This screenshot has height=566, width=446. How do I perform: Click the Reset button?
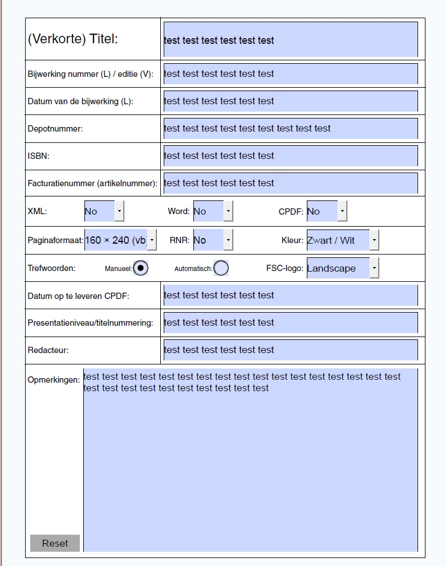click(x=55, y=543)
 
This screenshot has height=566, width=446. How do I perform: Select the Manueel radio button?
click(x=140, y=268)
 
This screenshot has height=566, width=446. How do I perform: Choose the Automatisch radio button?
click(x=221, y=268)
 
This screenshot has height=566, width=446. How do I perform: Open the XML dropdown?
click(x=104, y=211)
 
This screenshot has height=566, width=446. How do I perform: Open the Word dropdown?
click(x=213, y=211)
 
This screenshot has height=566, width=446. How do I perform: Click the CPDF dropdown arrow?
click(x=342, y=211)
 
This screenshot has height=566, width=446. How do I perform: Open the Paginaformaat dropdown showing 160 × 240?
click(x=120, y=240)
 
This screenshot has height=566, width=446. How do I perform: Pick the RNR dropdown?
click(x=213, y=240)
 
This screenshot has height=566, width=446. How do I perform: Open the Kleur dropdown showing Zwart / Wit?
click(x=342, y=240)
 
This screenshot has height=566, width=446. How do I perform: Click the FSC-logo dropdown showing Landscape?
click(x=342, y=268)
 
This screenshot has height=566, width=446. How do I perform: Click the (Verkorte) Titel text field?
click(x=290, y=40)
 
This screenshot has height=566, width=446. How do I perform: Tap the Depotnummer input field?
click(x=290, y=129)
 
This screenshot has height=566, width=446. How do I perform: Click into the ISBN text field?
click(x=290, y=155)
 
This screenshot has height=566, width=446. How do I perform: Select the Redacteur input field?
click(x=290, y=350)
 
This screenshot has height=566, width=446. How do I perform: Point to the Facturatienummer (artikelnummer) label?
click(x=92, y=183)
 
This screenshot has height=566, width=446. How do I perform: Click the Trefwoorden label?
click(x=51, y=268)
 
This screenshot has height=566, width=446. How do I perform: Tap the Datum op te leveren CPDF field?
click(x=290, y=295)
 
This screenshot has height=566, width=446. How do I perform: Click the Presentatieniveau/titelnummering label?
click(x=90, y=323)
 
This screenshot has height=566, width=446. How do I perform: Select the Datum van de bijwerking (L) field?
click(x=290, y=101)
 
